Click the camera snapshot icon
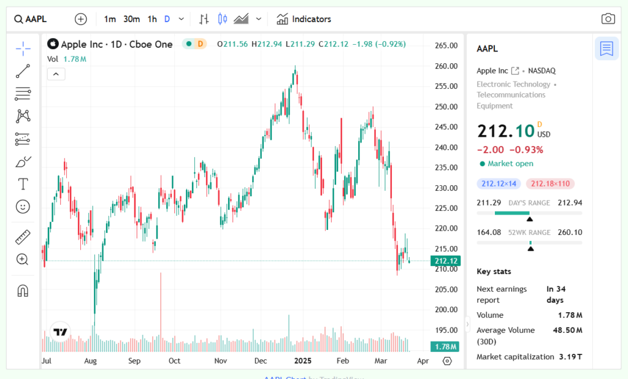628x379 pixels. [x=608, y=19]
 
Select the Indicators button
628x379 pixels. [x=304, y=19]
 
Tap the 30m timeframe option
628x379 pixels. [x=131, y=19]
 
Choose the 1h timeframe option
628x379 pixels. [x=152, y=19]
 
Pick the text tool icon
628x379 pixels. [x=23, y=184]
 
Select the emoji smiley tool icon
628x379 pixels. [x=23, y=207]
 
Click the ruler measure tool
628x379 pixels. [x=23, y=237]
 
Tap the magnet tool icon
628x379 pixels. [x=23, y=290]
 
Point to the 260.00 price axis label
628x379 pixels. [x=446, y=66]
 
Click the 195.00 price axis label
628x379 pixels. [x=446, y=331]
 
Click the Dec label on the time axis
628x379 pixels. [x=261, y=361]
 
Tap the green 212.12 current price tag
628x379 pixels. [x=446, y=261]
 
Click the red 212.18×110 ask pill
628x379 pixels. [x=550, y=183]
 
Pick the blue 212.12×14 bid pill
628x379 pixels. [x=499, y=183]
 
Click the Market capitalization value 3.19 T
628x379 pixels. [x=570, y=356]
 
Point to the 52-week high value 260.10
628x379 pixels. [x=570, y=232]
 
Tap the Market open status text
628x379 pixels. [x=510, y=164]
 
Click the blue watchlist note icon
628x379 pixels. [x=607, y=48]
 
